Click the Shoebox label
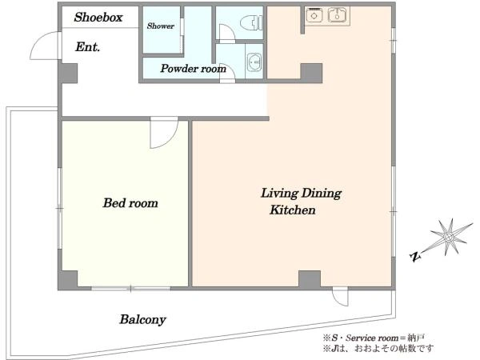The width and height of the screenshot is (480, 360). point(98,17)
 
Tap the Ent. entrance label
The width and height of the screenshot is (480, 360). point(87,47)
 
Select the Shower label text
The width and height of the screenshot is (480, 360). point(161,26)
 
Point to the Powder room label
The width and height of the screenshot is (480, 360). point(193,68)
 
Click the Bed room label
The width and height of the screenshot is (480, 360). point(130,203)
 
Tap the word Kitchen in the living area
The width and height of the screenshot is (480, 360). point(292,210)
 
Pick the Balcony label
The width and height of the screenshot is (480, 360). point(142,319)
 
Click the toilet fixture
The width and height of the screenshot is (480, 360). point(252,22)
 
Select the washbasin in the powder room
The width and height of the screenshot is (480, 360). point(254,62)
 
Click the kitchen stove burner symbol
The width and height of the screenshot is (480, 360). point(314,15)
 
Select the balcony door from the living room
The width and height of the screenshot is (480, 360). point(341,296)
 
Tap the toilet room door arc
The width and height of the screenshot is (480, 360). point(228,33)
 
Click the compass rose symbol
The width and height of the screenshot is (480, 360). point(449,237)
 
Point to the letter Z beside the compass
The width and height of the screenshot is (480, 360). point(414,257)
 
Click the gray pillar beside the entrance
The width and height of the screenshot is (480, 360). point(69,73)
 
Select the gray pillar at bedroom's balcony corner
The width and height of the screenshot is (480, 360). point(68,279)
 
